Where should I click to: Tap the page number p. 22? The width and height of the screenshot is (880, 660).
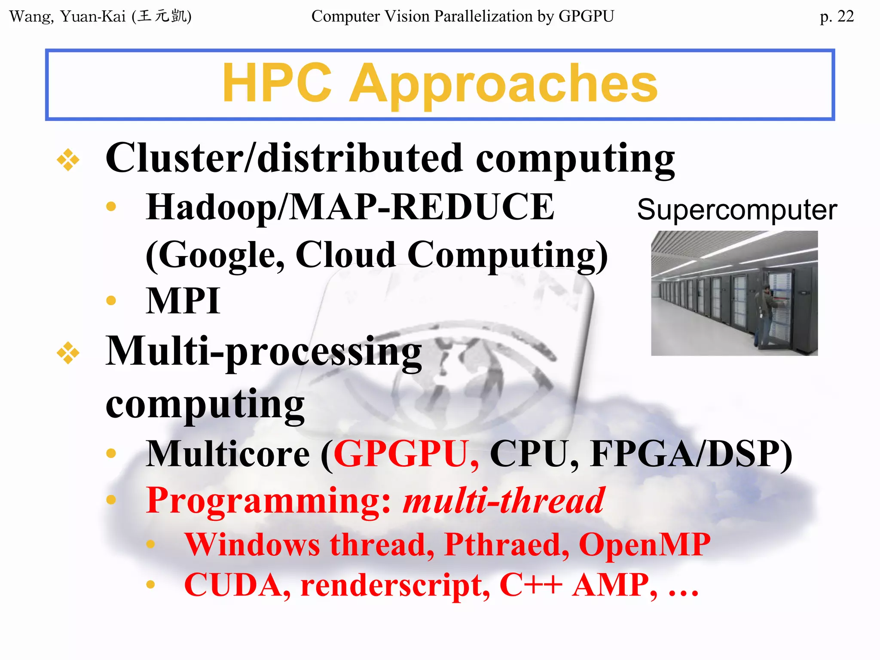click(836, 16)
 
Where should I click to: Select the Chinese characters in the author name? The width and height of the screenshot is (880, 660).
click(162, 16)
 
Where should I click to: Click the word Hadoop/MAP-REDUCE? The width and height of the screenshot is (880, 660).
click(350, 207)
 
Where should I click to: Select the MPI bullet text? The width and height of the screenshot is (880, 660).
click(183, 301)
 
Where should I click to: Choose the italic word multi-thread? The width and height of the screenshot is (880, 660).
click(504, 501)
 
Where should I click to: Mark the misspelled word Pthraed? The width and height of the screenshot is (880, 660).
click(506, 545)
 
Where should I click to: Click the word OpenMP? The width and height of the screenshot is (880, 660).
click(645, 545)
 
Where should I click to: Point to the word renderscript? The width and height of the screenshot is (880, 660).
click(394, 585)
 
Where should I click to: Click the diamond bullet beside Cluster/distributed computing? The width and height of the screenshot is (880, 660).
click(68, 160)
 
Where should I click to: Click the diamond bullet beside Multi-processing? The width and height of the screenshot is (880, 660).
click(68, 353)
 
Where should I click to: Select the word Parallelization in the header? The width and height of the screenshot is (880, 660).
click(483, 16)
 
